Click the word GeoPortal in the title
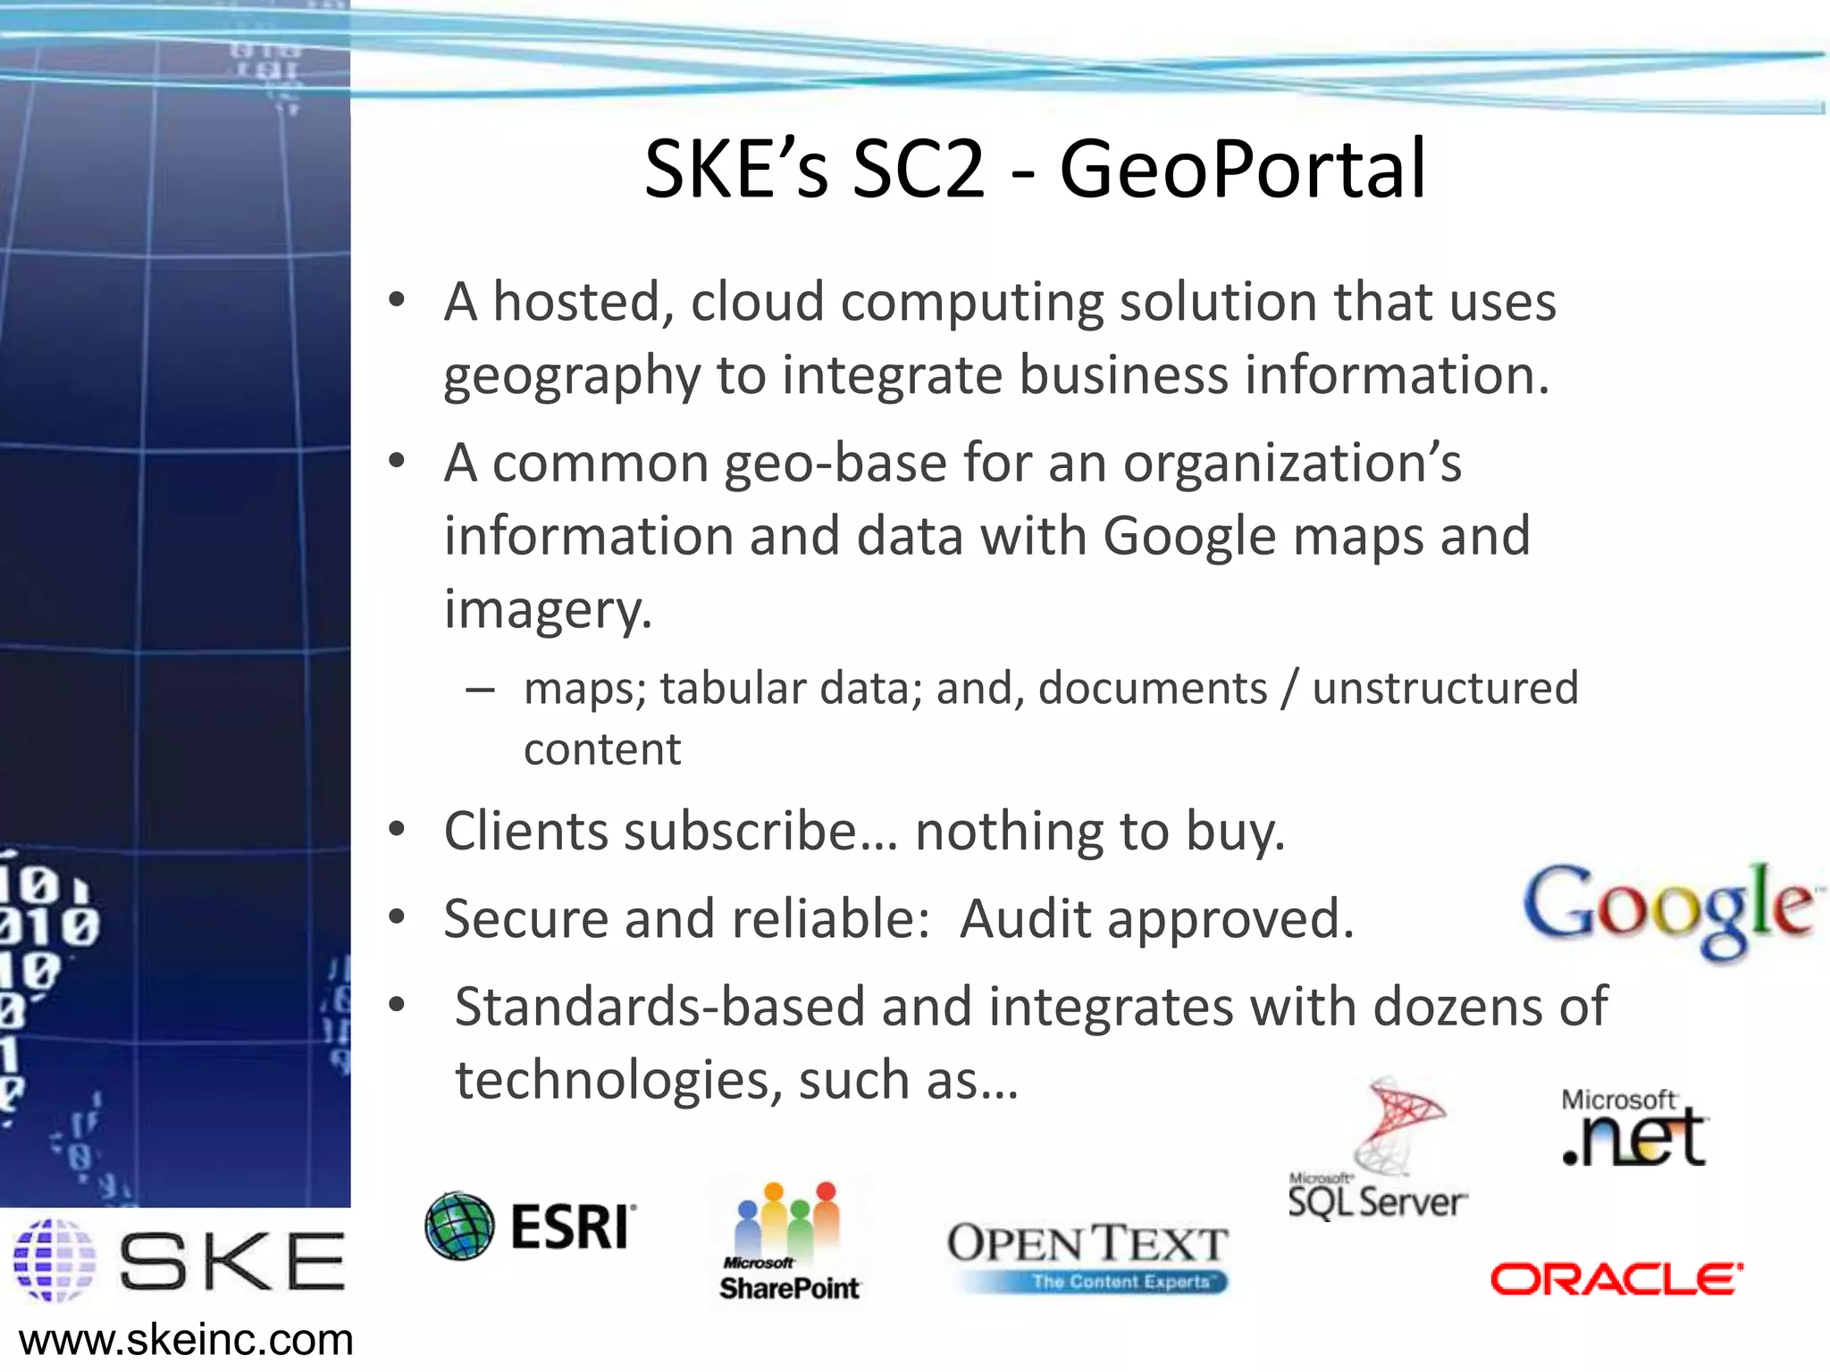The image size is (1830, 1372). tap(1242, 169)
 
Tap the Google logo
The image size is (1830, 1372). tap(1667, 908)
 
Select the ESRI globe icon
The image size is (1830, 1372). tap(459, 1226)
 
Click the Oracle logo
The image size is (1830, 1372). tap(1616, 1278)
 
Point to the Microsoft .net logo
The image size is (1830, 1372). tap(1634, 1128)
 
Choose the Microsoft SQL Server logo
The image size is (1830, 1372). tap(1377, 1152)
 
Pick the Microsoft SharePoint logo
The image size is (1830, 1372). tap(789, 1242)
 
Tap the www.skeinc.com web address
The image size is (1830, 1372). tap(186, 1341)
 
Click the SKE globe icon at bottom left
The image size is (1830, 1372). tap(55, 1259)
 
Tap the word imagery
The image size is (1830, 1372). tap(548, 609)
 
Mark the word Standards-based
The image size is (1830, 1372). tap(659, 1007)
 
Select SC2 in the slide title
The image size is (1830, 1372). tap(918, 169)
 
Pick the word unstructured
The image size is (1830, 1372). tap(1445, 689)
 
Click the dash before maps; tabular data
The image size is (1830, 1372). tap(480, 690)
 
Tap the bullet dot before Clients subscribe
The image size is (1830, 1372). tap(397, 830)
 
